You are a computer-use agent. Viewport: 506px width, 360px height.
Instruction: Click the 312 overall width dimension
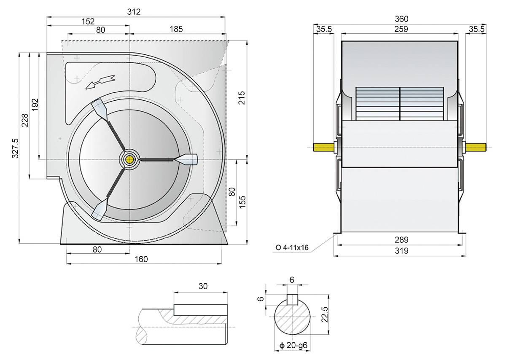click(134, 12)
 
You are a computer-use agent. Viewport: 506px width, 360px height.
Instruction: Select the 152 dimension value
click(88, 21)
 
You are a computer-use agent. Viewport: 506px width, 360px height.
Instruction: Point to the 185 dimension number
click(176, 29)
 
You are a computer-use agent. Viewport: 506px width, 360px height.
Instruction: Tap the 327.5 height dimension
click(15, 148)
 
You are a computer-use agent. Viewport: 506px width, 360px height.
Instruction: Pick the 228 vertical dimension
click(25, 120)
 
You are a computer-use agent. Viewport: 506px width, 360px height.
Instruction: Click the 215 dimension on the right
click(242, 98)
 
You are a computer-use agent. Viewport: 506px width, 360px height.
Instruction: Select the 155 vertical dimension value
click(242, 202)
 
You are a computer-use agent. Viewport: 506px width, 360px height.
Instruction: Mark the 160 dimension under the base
click(141, 259)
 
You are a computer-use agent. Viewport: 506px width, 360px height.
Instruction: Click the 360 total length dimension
click(401, 19)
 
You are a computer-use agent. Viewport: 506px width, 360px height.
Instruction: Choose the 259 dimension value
click(401, 29)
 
